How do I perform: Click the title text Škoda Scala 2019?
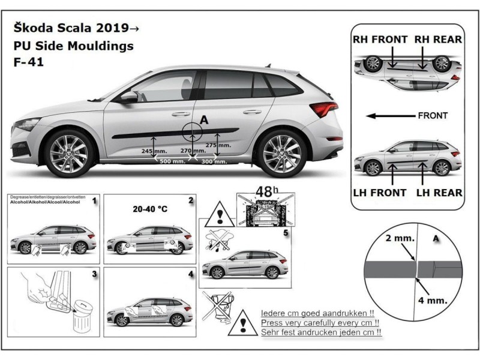[x=74, y=28]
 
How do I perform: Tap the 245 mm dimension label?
[x=153, y=152]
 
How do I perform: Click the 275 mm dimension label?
[x=217, y=145]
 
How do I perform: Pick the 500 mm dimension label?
[x=172, y=163]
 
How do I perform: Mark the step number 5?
[x=286, y=232]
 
